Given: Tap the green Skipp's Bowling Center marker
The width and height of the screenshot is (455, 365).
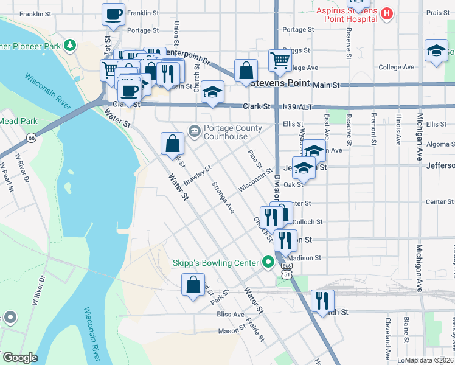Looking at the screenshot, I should [x=266, y=263].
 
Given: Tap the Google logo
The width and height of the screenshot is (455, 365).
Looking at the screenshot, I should [x=19, y=358].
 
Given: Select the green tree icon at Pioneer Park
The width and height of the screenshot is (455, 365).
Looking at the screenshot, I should [x=71, y=45].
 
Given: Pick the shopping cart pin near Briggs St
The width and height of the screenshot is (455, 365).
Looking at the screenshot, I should [x=279, y=60].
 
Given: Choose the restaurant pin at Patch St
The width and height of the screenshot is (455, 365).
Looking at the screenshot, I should [x=322, y=300].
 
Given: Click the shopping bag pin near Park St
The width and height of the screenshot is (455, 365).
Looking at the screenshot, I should [x=193, y=285].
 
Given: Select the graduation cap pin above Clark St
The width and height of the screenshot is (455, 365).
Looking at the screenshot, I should [x=212, y=92].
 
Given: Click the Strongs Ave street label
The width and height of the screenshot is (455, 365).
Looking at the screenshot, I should [x=223, y=197].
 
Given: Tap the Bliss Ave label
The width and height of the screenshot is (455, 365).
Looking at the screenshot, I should [x=230, y=315].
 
